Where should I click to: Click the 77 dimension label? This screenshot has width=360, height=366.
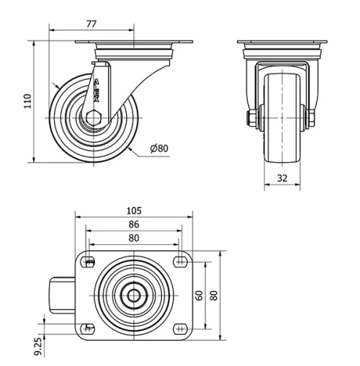pyautogui.click(x=91, y=23)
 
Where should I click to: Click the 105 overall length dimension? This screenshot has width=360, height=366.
pyautogui.click(x=133, y=210)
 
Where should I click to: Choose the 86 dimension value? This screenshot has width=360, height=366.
pyautogui.click(x=133, y=224)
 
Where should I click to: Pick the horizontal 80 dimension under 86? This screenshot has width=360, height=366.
pyautogui.click(x=133, y=237)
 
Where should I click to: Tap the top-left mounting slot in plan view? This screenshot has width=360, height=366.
pyautogui.click(x=89, y=261)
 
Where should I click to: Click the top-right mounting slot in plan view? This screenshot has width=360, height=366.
pyautogui.click(x=179, y=261)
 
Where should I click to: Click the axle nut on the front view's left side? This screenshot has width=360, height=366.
pyautogui.click(x=252, y=117)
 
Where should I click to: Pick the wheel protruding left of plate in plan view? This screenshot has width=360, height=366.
pyautogui.click(x=60, y=295)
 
